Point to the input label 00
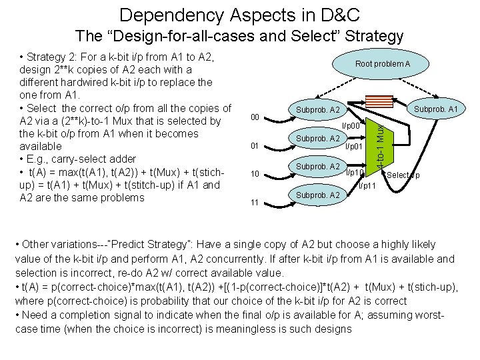(x=255, y=118)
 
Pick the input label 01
(x=255, y=146)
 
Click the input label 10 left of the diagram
(x=255, y=174)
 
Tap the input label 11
(x=255, y=202)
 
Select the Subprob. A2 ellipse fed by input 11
(x=318, y=195)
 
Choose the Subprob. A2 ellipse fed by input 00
(x=318, y=109)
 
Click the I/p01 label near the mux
(x=353, y=145)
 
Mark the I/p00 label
(x=351, y=126)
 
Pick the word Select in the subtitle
(x=313, y=36)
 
